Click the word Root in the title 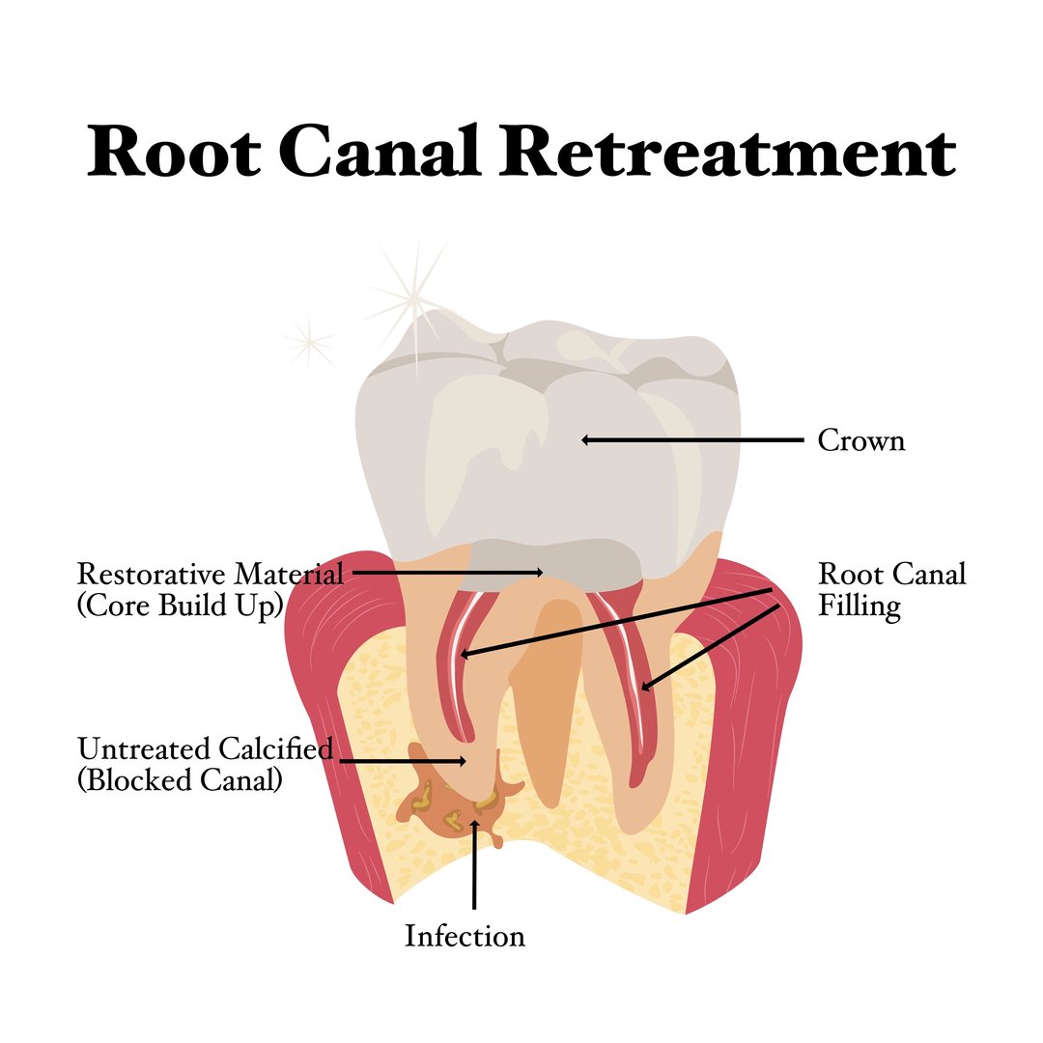coord(174,153)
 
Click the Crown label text coord(861,440)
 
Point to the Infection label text coord(465,936)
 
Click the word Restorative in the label coord(152,574)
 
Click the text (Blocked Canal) coord(180,780)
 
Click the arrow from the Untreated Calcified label coord(403,761)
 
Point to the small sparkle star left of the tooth coord(308,339)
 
